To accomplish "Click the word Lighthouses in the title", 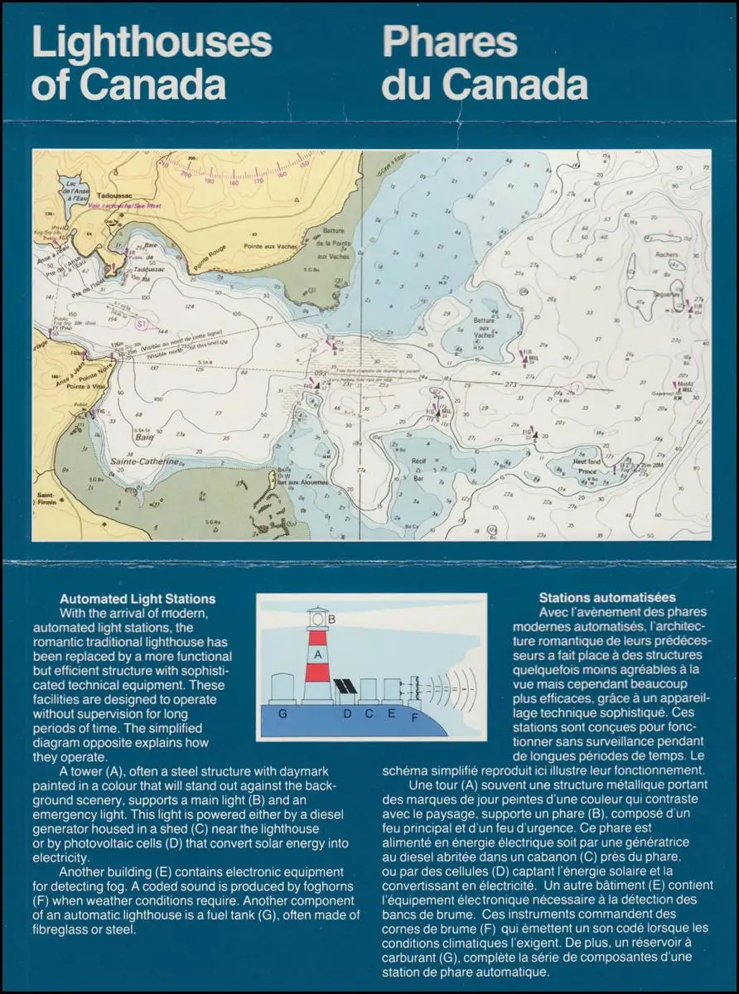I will point(152,43).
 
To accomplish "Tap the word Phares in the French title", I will point(450,43).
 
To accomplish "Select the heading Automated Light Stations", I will point(138,599).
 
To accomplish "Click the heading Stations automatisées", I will point(606,597).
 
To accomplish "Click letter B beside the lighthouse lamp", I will point(331,619).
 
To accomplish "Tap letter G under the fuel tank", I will point(283,712).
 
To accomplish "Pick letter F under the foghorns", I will point(414,717).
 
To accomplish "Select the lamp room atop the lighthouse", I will point(317,620).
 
